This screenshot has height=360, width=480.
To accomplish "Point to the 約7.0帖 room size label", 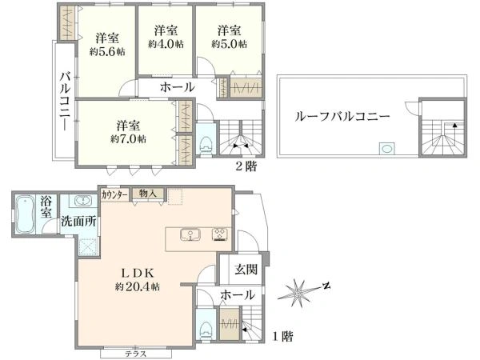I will coord(129,138).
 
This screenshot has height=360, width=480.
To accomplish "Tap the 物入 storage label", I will coord(147,194).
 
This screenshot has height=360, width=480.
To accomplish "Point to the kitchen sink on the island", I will coord(190,235).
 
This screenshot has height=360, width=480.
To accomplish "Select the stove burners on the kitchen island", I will coord(219,235).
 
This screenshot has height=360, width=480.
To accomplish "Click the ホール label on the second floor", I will coord(177,87).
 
